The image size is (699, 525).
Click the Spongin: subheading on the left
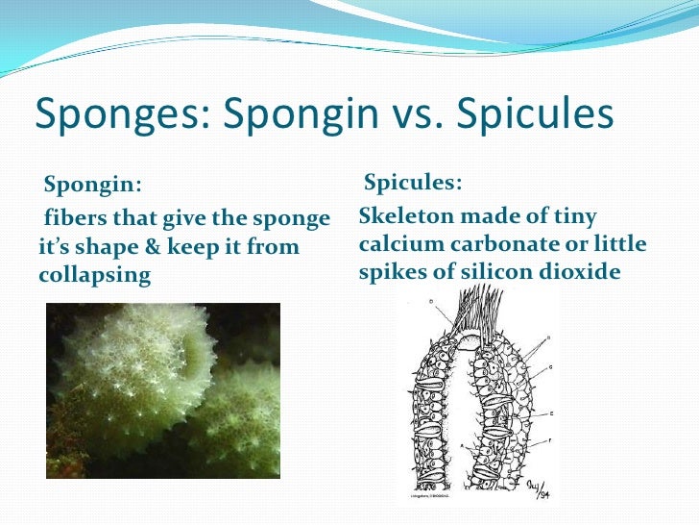92,185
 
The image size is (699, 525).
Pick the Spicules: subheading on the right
414,183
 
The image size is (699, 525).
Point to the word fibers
72,219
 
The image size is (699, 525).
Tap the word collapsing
95,275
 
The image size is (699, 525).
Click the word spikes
394,272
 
